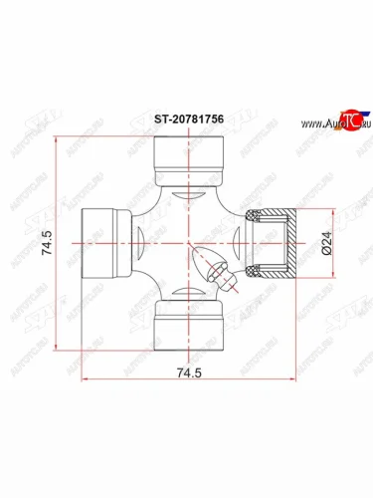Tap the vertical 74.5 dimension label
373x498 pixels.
[47, 243]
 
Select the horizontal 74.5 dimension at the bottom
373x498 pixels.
[186, 397]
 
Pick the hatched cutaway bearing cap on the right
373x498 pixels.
[275, 243]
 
